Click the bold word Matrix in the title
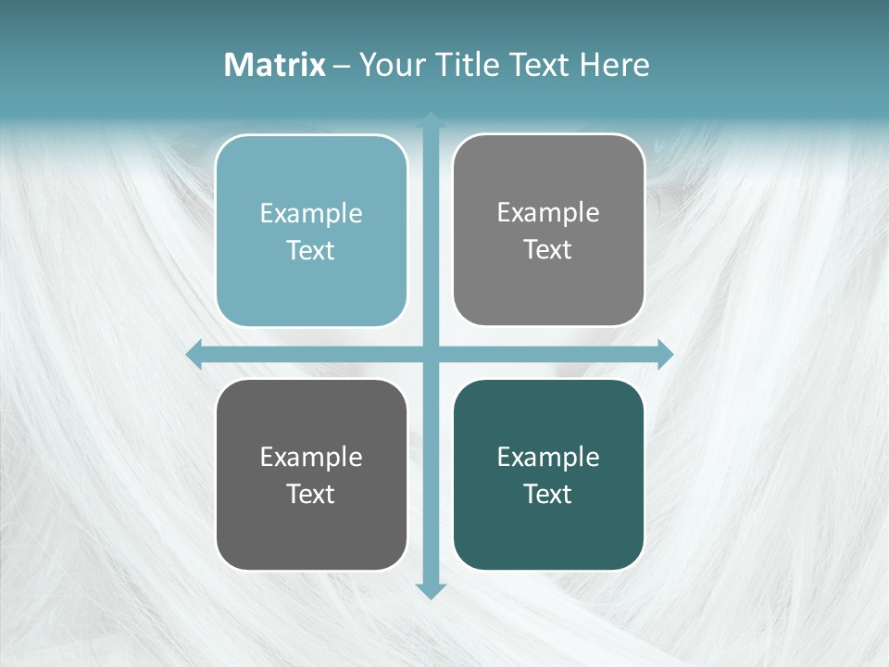pos(275,65)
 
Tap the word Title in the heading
pos(467,65)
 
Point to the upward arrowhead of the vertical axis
pos(431,120)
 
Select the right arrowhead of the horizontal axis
pos(665,354)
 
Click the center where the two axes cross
pos(431,354)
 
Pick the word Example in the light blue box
pos(311,213)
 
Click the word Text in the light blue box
pos(311,250)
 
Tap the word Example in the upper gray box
pos(548,212)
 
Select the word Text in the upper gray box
pos(548,249)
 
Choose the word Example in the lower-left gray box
pos(311,457)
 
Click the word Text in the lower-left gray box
pos(311,494)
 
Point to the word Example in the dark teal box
pos(548,457)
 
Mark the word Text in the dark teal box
pos(548,494)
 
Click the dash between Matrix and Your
pos(342,66)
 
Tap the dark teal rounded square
pos(548,537)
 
